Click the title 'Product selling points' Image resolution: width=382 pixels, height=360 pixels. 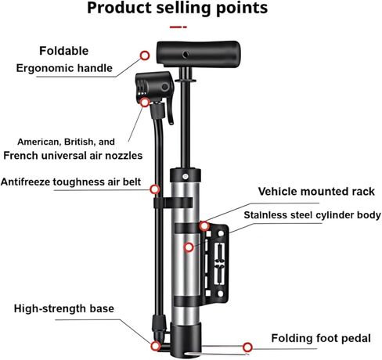tap(177, 9)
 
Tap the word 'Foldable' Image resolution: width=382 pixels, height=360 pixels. tap(64, 51)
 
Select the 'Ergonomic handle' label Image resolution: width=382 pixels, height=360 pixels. tap(64, 68)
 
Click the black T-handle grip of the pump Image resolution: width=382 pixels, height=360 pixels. tap(198, 53)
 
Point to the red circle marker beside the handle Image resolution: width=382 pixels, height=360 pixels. tap(145, 56)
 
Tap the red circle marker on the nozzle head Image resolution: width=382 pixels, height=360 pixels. tap(145, 103)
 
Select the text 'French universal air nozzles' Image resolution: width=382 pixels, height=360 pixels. tap(73, 156)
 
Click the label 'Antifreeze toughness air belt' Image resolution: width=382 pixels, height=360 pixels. tap(70, 182)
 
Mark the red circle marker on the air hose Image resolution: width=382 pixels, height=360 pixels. tap(155, 189)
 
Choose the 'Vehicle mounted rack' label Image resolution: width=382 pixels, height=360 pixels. tap(316, 192)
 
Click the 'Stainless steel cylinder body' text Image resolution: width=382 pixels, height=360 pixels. tap(312, 215)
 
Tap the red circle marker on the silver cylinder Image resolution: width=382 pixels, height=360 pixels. tap(189, 247)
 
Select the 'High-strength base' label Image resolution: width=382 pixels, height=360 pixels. tap(64, 308)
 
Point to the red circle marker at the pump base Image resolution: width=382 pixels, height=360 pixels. tap(156, 346)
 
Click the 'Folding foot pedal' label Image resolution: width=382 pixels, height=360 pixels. tap(321, 338)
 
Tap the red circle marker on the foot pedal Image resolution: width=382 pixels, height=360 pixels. tap(247, 347)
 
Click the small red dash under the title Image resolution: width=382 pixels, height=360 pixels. tap(178, 27)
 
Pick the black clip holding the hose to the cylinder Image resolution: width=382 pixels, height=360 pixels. tap(173, 203)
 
